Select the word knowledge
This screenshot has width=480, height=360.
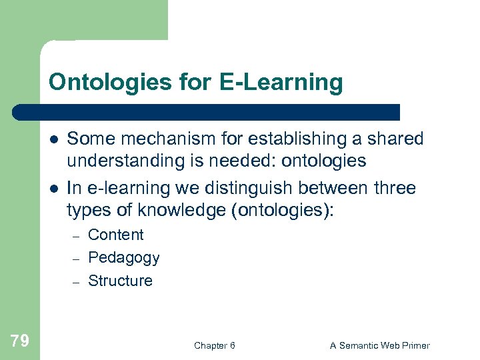(176, 211)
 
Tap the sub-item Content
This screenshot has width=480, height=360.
(115, 235)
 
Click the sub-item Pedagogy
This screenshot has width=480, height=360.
(123, 257)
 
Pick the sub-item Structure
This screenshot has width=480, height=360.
(120, 281)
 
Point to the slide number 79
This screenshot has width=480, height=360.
(20, 341)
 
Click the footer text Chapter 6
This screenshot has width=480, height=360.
(214, 345)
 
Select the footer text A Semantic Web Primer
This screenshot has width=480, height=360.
(379, 345)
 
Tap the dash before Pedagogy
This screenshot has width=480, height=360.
(76, 259)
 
